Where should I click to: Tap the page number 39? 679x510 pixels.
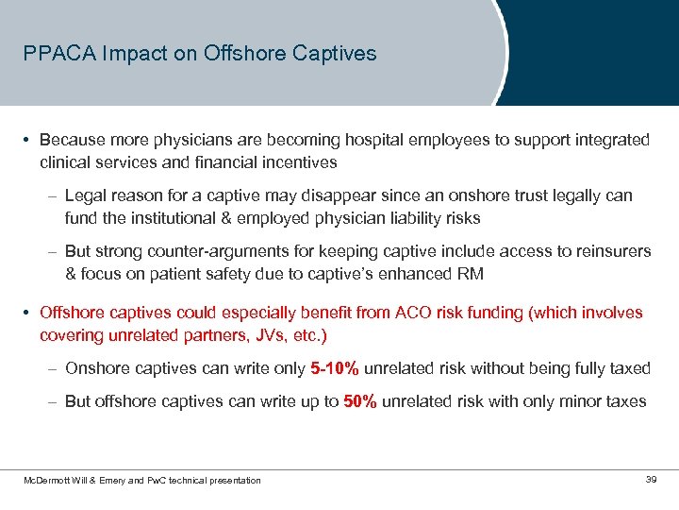pyautogui.click(x=651, y=481)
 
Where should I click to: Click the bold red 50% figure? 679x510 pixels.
pyautogui.click(x=360, y=401)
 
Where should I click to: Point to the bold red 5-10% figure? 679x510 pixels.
pyautogui.click(x=334, y=368)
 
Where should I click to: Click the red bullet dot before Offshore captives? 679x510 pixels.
pyautogui.click(x=28, y=313)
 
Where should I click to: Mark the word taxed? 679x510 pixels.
pyautogui.click(x=629, y=368)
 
